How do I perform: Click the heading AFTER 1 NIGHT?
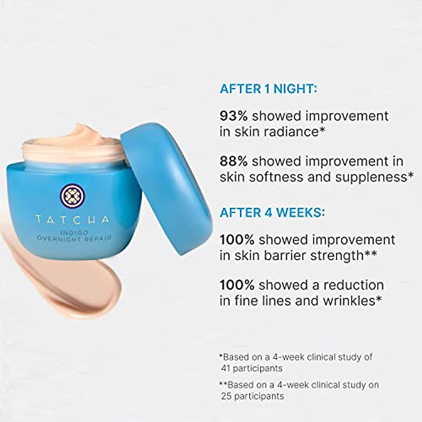tap(268, 89)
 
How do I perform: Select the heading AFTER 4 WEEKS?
tap(272, 213)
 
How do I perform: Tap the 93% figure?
tap(234, 116)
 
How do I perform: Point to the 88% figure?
tap(234, 161)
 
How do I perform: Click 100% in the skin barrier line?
tap(237, 240)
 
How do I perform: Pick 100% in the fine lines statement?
tap(237, 285)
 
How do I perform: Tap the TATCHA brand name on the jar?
tap(72, 220)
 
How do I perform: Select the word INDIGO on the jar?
tap(73, 232)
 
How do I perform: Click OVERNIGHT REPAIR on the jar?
tap(74, 239)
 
